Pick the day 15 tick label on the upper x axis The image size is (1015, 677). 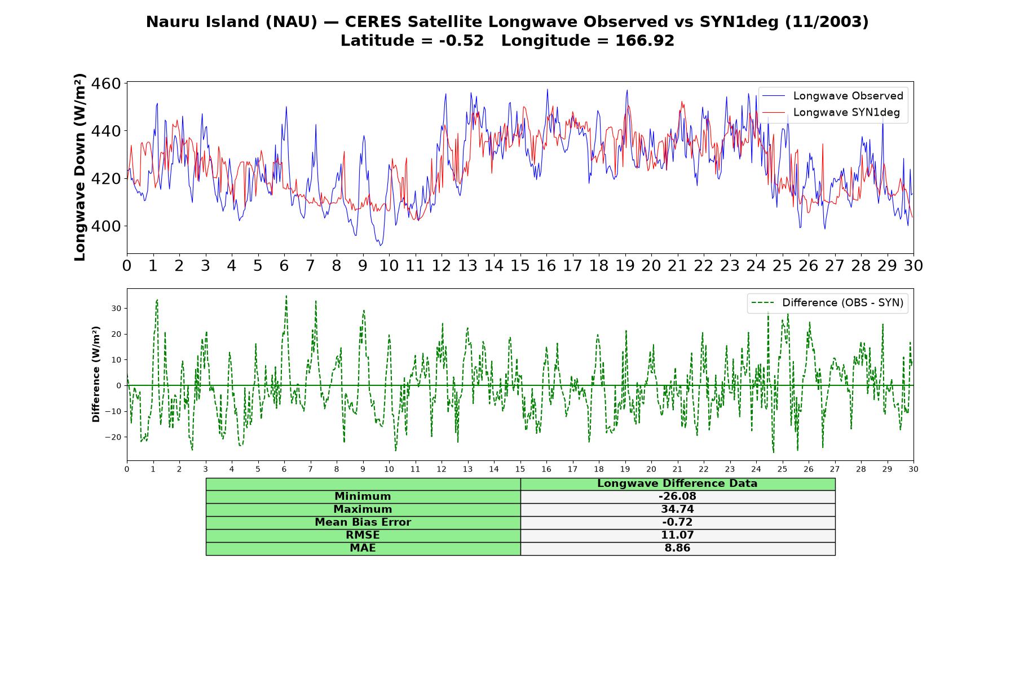point(520,266)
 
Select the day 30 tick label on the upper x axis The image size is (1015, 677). point(913,266)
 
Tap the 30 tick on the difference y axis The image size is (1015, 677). point(116,309)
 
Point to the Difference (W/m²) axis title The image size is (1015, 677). point(96,374)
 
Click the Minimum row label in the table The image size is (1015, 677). point(363,496)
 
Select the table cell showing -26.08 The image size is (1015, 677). point(677,496)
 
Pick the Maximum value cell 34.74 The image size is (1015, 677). point(677,509)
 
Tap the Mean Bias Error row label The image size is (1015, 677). point(363,522)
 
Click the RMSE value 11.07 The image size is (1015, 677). point(677,535)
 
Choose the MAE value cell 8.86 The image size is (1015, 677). point(677,548)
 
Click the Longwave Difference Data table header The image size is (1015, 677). point(677,483)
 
